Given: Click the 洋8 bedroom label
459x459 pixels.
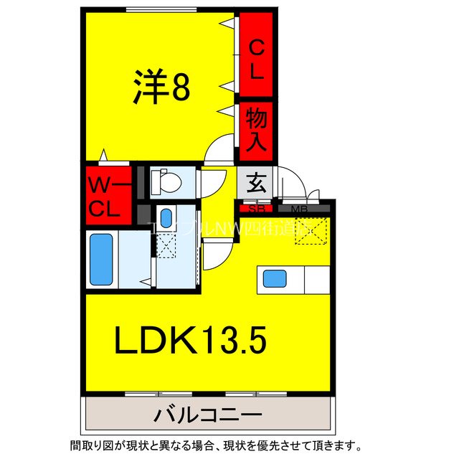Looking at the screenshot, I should (x=161, y=87).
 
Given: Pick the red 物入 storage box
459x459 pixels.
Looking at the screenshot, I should (x=257, y=129).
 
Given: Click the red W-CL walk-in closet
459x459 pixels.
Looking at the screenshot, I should (x=108, y=194).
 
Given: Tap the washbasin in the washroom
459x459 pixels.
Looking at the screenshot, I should (x=166, y=217).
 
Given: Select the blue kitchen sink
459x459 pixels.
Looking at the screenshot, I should (x=274, y=278).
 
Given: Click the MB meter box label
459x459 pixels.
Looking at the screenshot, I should (x=300, y=209).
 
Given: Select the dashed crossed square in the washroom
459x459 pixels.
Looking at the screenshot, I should (x=166, y=245).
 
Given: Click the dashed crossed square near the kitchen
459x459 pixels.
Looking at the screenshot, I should (x=313, y=231).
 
